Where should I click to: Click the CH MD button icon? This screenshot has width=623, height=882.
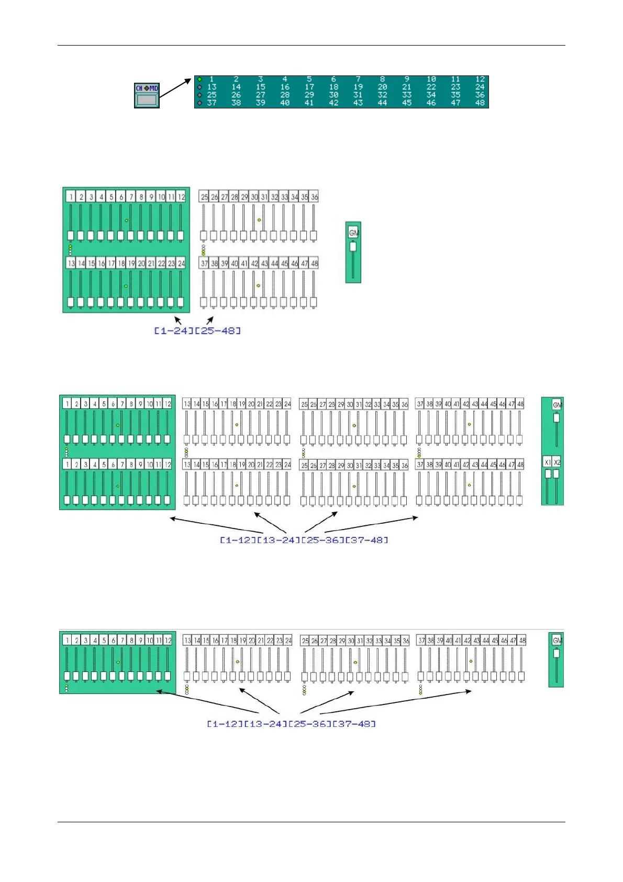coord(147,95)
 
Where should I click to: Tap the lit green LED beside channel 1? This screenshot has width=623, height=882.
coord(199,80)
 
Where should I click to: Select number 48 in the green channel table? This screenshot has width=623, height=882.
coord(480,103)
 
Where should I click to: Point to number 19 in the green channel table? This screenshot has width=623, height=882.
coord(358,87)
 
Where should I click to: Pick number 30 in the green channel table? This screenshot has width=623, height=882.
coord(333,95)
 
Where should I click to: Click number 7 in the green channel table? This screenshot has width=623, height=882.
coord(358,80)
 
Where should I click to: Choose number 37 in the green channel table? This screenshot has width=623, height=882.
coord(212,103)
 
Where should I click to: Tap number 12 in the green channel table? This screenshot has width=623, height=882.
coord(480,80)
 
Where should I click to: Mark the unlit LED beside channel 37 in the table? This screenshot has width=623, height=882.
coord(199,103)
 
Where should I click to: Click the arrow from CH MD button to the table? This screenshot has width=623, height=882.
coord(175,88)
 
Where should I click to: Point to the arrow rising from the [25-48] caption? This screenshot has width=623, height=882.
coord(210,320)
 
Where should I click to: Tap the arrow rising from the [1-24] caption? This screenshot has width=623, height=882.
coord(178,319)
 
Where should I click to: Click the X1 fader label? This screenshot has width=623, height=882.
coord(548,462)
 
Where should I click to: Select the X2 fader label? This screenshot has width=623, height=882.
coord(557,462)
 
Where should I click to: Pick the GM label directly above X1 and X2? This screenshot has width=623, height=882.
coord(557,405)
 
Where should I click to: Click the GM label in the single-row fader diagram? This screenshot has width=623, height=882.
coord(557,640)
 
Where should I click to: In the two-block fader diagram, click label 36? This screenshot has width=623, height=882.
coord(314,197)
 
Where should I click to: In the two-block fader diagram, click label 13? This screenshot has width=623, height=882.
coord(71,263)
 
